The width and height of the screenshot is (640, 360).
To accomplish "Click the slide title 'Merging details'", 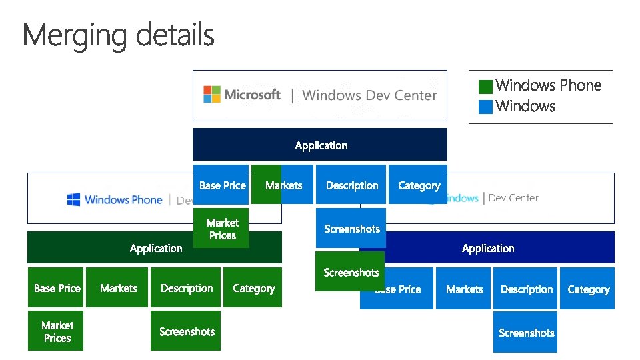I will pos(119,35).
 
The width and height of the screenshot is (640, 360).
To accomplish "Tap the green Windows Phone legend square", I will pos(485,86).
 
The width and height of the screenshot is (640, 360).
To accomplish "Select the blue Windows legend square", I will pos(485,106).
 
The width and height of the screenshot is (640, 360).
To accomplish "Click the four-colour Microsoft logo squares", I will pos(211,94).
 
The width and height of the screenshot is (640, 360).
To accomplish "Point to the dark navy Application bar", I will pos(320,145).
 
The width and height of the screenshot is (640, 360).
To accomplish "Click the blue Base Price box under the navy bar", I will pos(221,185).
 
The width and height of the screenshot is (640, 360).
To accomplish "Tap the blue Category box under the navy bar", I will pos(419,185).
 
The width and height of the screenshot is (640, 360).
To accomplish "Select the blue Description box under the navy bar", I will pos(351,185).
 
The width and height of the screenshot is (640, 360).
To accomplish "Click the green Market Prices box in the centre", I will pos(221,229).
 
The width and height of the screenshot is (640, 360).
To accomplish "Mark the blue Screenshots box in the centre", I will pos(351,229).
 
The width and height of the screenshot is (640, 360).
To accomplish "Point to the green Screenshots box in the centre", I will pos(350,272).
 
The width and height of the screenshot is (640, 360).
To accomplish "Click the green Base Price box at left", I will pos(56,288).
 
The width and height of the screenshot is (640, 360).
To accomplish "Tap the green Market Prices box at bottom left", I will pos(56,331).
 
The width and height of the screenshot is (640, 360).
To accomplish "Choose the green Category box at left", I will pos(253,288).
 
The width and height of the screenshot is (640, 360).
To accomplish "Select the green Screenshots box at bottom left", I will pos(186,331).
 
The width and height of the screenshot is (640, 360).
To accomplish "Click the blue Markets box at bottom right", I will pos(464,289).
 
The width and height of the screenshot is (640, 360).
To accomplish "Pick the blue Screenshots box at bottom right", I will pos(526,333).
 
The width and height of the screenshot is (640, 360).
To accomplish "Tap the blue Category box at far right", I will pos(588,289).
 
